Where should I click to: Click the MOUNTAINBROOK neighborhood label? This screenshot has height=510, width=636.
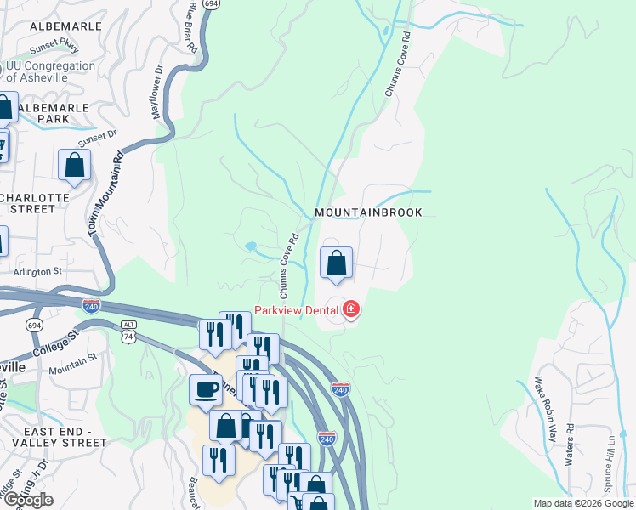pyautogui.click(x=368, y=212)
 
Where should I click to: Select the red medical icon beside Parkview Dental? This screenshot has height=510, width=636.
pyautogui.click(x=350, y=310)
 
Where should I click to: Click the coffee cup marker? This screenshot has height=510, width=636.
pyautogui.click(x=205, y=390)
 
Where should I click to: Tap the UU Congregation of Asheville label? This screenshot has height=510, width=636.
pyautogui.click(x=50, y=71)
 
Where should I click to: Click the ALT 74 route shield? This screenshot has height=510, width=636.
pyautogui.click(x=128, y=330)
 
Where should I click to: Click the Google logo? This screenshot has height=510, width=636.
pyautogui.click(x=27, y=500)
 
